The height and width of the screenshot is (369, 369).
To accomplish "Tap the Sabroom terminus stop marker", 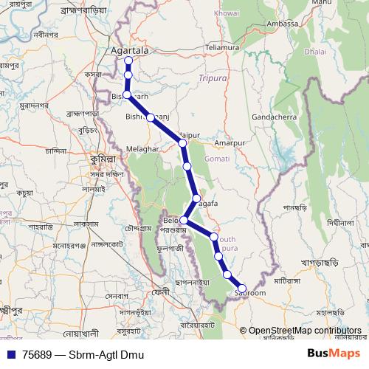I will point(242,289).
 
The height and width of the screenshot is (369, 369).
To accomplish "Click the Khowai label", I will point(226,13).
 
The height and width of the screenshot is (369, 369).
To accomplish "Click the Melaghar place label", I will point(143,148).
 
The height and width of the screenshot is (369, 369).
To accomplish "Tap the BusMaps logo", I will point(329,354).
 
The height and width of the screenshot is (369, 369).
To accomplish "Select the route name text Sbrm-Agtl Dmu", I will point(103,354).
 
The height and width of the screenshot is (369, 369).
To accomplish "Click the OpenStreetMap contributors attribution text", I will point(306,331).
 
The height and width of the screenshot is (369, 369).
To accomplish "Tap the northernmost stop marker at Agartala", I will point(128,61).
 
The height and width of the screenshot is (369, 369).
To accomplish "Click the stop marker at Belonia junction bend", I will point(184,220).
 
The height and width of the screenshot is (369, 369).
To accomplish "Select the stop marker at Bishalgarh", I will point(127,95).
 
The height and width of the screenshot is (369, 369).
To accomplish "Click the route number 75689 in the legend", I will point(38,354).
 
